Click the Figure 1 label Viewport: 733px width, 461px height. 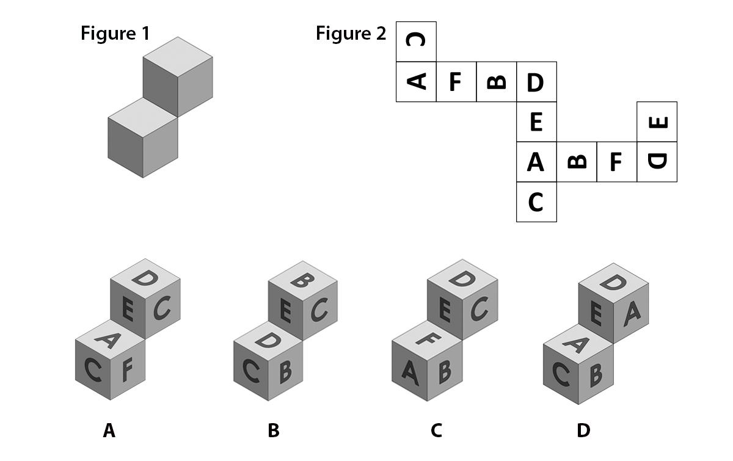(115, 33)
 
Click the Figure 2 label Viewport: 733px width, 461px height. (351, 34)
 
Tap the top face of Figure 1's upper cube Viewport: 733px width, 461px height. (178, 57)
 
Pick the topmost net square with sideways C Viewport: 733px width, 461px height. (416, 42)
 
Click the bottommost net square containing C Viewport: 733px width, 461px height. (536, 201)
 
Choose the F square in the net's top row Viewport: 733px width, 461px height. (456, 81)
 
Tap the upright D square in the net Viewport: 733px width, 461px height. (536, 82)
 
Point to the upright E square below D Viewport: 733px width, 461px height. (536, 122)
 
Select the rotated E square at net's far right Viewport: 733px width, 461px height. (657, 122)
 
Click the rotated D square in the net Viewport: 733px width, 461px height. (657, 162)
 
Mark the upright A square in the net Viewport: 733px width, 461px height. (536, 162)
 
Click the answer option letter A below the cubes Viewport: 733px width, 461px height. (109, 431)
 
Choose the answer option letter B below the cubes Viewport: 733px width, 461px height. (273, 431)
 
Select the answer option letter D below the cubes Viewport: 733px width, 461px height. (583, 431)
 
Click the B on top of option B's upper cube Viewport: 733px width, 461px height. (303, 281)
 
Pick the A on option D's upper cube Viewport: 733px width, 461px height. (632, 313)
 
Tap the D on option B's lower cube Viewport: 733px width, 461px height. (268, 340)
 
